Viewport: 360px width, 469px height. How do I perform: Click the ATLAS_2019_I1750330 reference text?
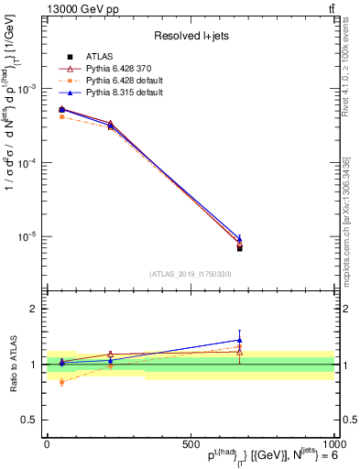click(x=190, y=274)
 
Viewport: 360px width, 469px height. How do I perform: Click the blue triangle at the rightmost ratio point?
click(x=239, y=340)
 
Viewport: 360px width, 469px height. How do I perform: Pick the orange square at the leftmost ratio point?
click(x=61, y=382)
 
